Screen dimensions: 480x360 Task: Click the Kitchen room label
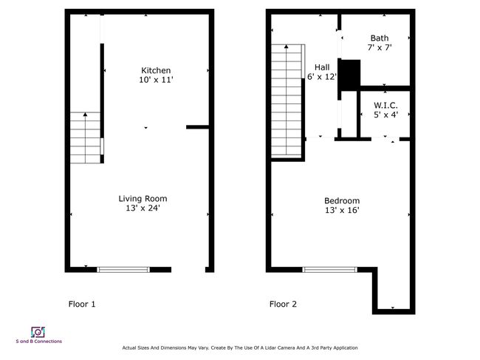[x=156, y=70]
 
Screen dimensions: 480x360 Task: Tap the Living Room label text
[x=143, y=199]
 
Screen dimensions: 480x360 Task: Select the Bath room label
[x=380, y=38]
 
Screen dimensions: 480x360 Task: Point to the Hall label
[x=322, y=67]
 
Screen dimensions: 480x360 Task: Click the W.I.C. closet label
[x=385, y=106]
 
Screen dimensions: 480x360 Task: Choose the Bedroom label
[x=342, y=200]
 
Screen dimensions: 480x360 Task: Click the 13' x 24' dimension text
[x=143, y=208]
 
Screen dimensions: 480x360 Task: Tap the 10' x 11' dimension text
[x=156, y=80]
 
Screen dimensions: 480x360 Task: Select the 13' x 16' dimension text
[x=342, y=210]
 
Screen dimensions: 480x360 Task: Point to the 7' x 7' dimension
[x=380, y=47]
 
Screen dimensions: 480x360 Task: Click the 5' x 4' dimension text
[x=385, y=115]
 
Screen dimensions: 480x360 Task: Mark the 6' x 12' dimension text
[x=322, y=77]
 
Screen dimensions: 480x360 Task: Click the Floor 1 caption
[x=82, y=304]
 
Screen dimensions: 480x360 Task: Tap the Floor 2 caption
[x=283, y=304]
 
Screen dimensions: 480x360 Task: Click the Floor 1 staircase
[x=86, y=137]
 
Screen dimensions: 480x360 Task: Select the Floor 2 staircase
[x=287, y=101]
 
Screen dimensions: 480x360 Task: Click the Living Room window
[x=123, y=270]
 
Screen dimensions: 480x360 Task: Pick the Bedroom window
[x=329, y=270]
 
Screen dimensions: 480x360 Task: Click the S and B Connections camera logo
[x=38, y=332]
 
